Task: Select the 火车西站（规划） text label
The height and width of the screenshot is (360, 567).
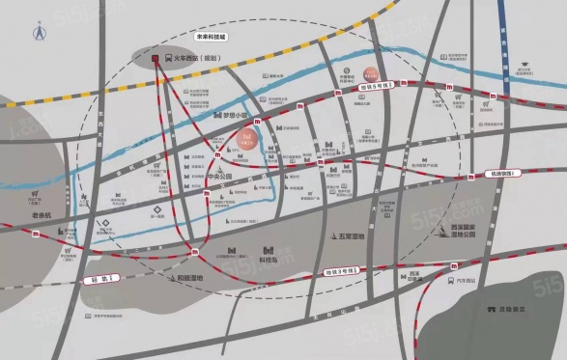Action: click(200, 59)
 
